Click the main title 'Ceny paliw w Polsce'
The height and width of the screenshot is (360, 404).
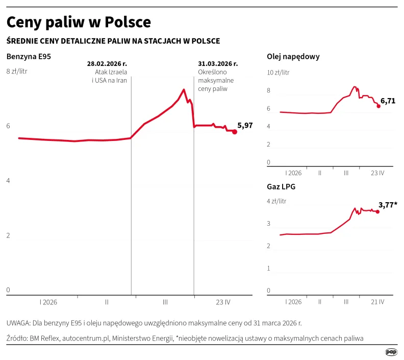[x=79, y=22]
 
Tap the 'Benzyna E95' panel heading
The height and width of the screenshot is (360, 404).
[x=29, y=56]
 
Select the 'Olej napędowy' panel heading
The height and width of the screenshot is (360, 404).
[x=293, y=57]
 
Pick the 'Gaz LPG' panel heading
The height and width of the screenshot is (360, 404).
[x=281, y=187]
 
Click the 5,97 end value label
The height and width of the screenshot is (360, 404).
[x=245, y=125]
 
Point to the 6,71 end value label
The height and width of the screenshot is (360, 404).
[x=388, y=101]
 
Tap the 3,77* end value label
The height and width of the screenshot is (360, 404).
[x=388, y=205]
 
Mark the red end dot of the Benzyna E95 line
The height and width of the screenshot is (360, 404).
[x=235, y=132]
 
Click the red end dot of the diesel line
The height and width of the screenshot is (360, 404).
[x=378, y=106]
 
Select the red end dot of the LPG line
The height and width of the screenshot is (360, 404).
[x=377, y=211]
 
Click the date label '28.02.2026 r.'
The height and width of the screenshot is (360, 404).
[x=107, y=64]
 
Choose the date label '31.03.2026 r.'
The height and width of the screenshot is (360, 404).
[x=218, y=64]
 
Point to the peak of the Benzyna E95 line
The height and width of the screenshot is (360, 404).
[x=184, y=90]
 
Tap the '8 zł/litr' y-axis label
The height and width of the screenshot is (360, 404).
[x=16, y=71]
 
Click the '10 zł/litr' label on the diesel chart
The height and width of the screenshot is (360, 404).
[x=279, y=72]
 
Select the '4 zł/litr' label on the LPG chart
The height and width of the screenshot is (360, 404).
[x=277, y=201]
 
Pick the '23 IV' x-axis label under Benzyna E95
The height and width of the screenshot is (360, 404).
[x=223, y=302]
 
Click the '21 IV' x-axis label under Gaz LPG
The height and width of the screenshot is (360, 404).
[x=377, y=302]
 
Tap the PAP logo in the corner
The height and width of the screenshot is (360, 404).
[x=391, y=352]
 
